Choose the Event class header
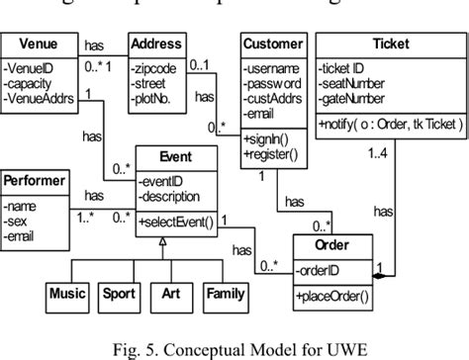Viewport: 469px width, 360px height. point(176,156)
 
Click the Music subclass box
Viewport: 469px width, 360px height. point(68,293)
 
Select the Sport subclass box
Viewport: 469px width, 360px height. point(120,293)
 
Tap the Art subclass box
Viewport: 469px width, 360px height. point(170,293)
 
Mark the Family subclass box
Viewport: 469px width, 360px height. point(225,293)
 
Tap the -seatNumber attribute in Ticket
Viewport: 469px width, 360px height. point(354,85)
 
